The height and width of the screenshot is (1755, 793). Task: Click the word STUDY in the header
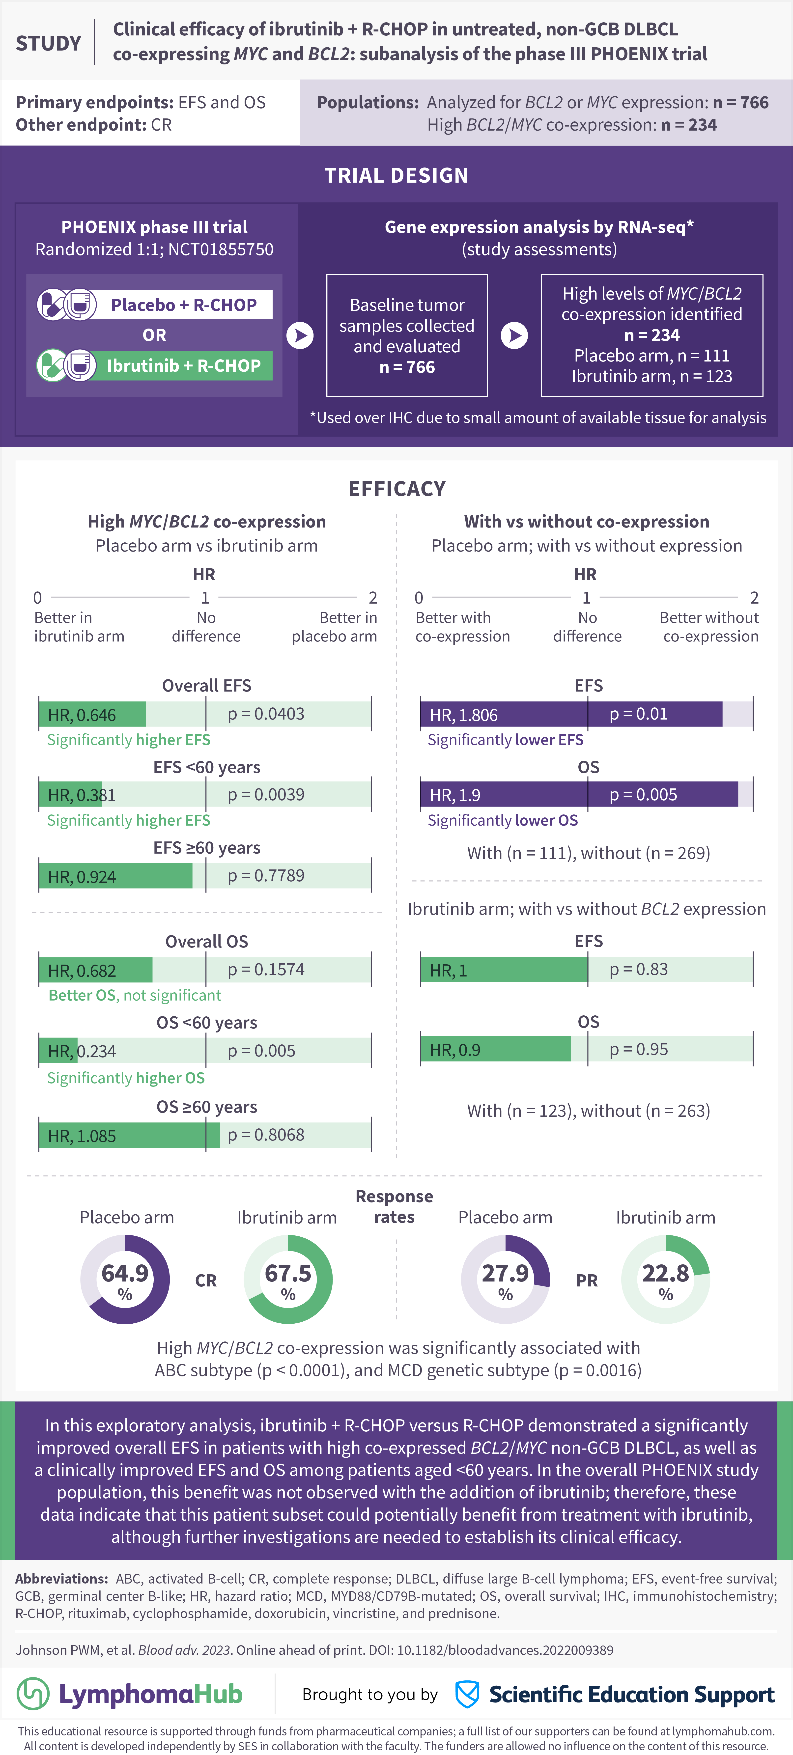(x=48, y=44)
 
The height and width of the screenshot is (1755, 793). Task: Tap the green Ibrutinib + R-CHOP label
(x=184, y=366)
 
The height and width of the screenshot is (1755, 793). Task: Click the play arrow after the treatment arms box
(x=300, y=335)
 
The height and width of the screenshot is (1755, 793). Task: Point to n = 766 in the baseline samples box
(x=407, y=367)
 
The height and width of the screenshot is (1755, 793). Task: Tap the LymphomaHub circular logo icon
(x=33, y=1694)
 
